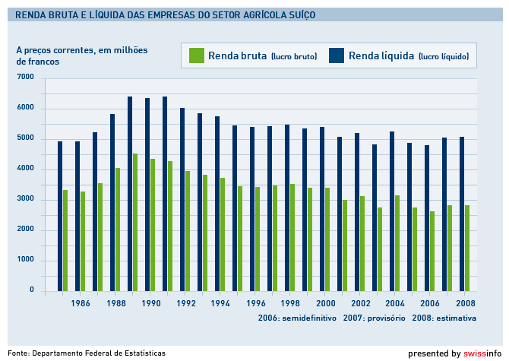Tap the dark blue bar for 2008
(x=462, y=214)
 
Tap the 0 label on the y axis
(x=32, y=290)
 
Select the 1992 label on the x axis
(x=186, y=303)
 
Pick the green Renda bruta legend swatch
(x=196, y=55)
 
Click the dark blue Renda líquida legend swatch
(x=337, y=55)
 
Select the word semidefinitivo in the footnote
(x=309, y=317)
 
